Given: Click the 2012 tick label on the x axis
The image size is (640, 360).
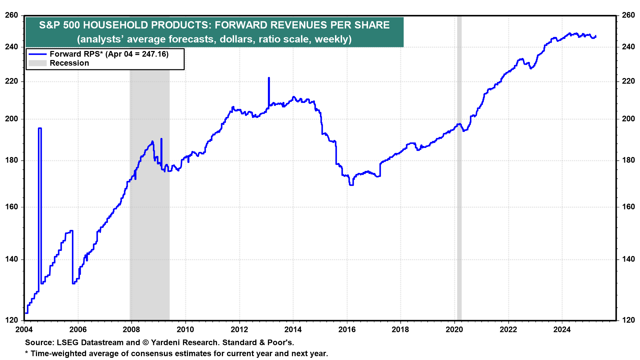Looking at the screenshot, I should (x=239, y=330).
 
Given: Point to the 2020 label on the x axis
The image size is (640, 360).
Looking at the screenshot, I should (x=454, y=330).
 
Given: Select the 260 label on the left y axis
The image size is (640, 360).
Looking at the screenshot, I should (x=12, y=15).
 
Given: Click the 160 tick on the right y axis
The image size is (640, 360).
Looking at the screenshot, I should (x=628, y=207).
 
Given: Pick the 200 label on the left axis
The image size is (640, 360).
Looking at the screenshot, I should (x=12, y=119).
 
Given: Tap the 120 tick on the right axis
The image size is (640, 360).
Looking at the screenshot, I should (x=628, y=320).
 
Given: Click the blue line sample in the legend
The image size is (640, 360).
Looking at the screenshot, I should (x=37, y=54).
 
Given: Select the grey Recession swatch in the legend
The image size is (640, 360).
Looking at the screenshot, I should (x=37, y=63).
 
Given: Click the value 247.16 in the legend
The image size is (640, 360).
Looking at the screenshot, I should (x=154, y=54).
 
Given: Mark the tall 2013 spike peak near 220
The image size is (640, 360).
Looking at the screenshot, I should (x=269, y=78).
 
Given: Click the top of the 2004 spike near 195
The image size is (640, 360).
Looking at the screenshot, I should (x=40, y=128).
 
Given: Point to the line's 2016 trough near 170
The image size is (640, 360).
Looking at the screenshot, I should (x=351, y=184).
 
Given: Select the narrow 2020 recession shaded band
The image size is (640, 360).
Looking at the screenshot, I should (x=459, y=167).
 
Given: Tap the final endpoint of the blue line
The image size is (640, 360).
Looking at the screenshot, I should (x=596, y=36).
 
